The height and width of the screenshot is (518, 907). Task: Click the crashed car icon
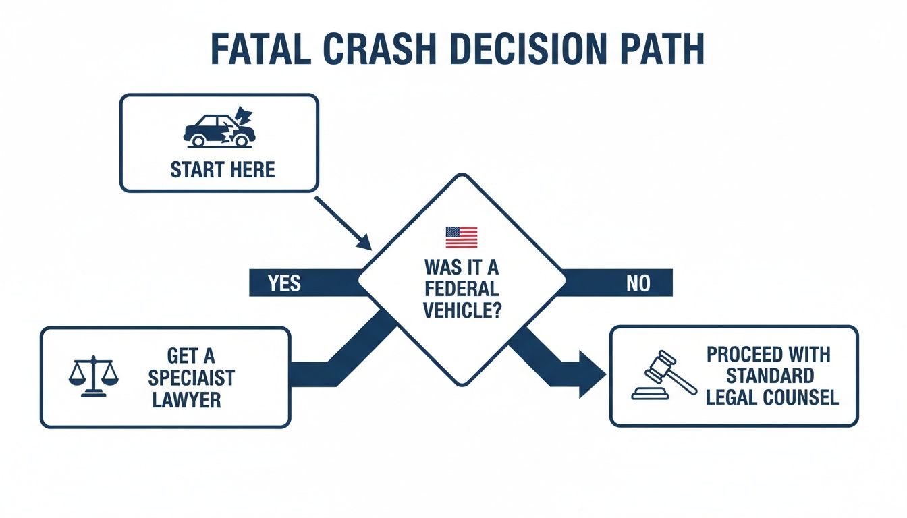[x=219, y=128]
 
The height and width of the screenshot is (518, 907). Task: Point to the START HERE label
[x=223, y=169]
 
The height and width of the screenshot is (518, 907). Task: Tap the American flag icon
[x=462, y=237]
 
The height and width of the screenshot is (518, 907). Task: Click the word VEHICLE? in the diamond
[x=462, y=310]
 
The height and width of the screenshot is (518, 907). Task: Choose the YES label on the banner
[x=283, y=283]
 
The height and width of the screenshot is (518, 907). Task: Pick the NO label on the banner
[x=637, y=283]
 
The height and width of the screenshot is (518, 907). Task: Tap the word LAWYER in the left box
[x=187, y=399]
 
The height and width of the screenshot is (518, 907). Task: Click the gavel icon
[x=664, y=376]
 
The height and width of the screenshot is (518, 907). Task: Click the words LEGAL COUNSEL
[x=772, y=397]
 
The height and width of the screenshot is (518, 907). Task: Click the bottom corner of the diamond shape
[x=462, y=384]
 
